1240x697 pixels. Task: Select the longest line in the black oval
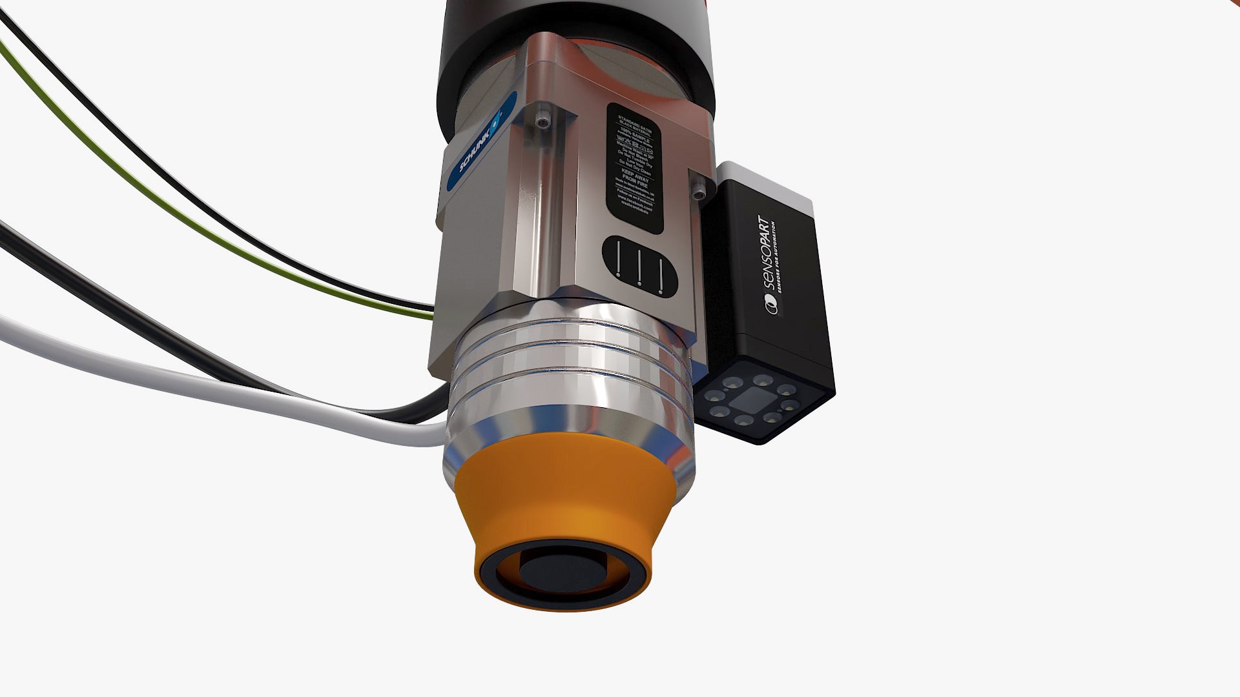click(x=618, y=258)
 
